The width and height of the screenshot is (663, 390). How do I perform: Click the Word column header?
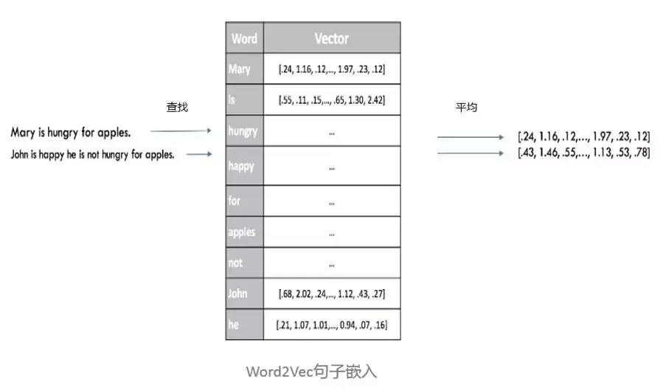(x=244, y=38)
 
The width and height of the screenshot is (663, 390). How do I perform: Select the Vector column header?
(x=331, y=38)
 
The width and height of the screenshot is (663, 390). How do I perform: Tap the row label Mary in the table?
(x=240, y=69)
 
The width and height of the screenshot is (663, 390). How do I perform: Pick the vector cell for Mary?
(x=332, y=69)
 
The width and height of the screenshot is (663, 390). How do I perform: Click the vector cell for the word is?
(x=332, y=100)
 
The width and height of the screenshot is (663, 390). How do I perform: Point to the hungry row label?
(x=243, y=131)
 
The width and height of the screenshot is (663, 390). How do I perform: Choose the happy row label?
(x=242, y=166)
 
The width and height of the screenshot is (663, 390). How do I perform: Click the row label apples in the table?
(x=243, y=232)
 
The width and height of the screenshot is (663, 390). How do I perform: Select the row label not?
(x=236, y=263)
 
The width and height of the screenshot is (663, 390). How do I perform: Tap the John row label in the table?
(x=238, y=294)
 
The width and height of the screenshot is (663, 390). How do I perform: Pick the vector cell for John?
(x=332, y=294)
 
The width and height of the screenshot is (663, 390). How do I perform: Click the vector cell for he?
(x=332, y=325)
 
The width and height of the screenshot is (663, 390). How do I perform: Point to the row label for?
(x=235, y=201)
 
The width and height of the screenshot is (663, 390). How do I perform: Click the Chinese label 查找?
(x=177, y=108)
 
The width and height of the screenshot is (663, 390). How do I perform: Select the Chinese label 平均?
(x=466, y=108)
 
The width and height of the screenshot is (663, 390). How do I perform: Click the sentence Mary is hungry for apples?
(x=71, y=133)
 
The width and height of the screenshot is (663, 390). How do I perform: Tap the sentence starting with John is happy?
(x=92, y=155)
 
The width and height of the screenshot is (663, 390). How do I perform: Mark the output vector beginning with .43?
(x=583, y=153)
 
